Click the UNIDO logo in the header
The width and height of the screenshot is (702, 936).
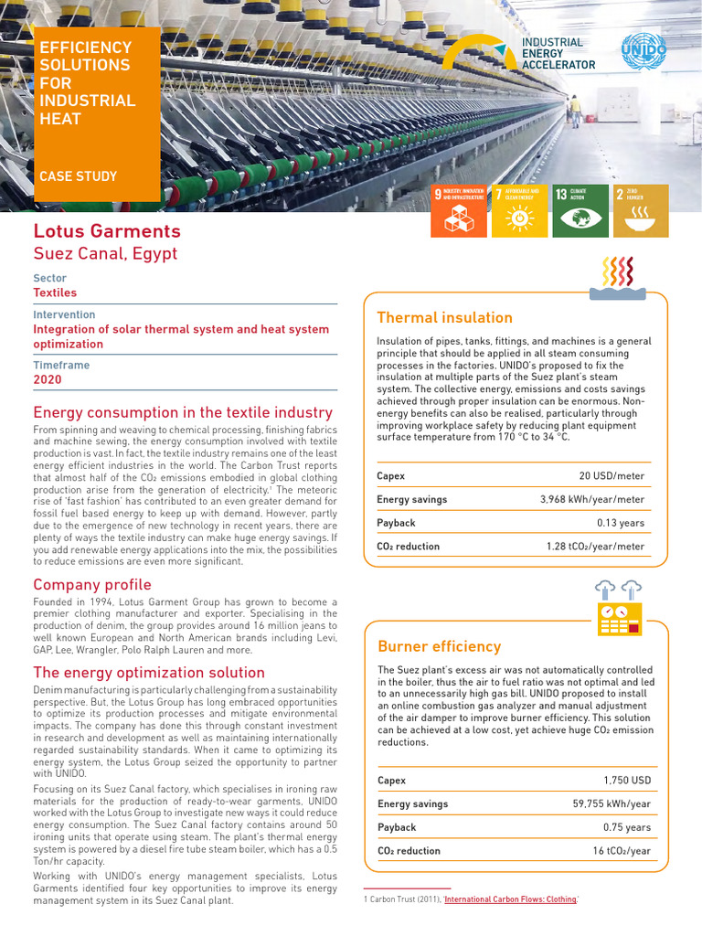pos(643,51)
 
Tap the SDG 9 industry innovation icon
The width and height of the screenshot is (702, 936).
pos(459,210)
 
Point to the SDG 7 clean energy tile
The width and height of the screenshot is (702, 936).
pos(519,210)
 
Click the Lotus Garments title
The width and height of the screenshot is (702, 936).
pos(107,231)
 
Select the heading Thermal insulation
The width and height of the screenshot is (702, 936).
pos(444,318)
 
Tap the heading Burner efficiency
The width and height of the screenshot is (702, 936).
pos(439,646)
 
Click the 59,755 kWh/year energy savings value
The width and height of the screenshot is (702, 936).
pos(612,804)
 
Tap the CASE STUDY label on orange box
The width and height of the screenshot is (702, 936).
pos(78,176)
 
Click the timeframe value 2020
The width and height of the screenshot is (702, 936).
pos(48,379)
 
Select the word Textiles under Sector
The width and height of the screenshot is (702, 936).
pos(55,293)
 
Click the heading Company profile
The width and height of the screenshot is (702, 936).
pos(92,585)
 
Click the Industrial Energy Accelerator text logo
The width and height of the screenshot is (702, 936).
pos(558,54)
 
